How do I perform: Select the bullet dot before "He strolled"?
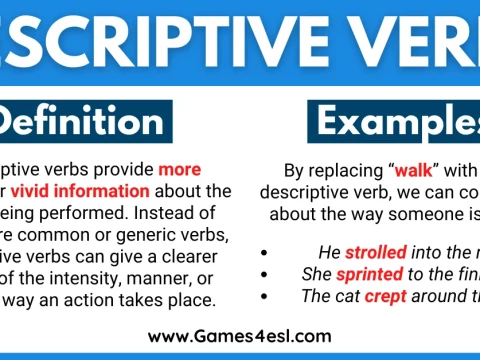pyautogui.click(x=263, y=251)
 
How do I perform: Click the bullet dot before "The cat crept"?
pyautogui.click(x=263, y=295)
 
